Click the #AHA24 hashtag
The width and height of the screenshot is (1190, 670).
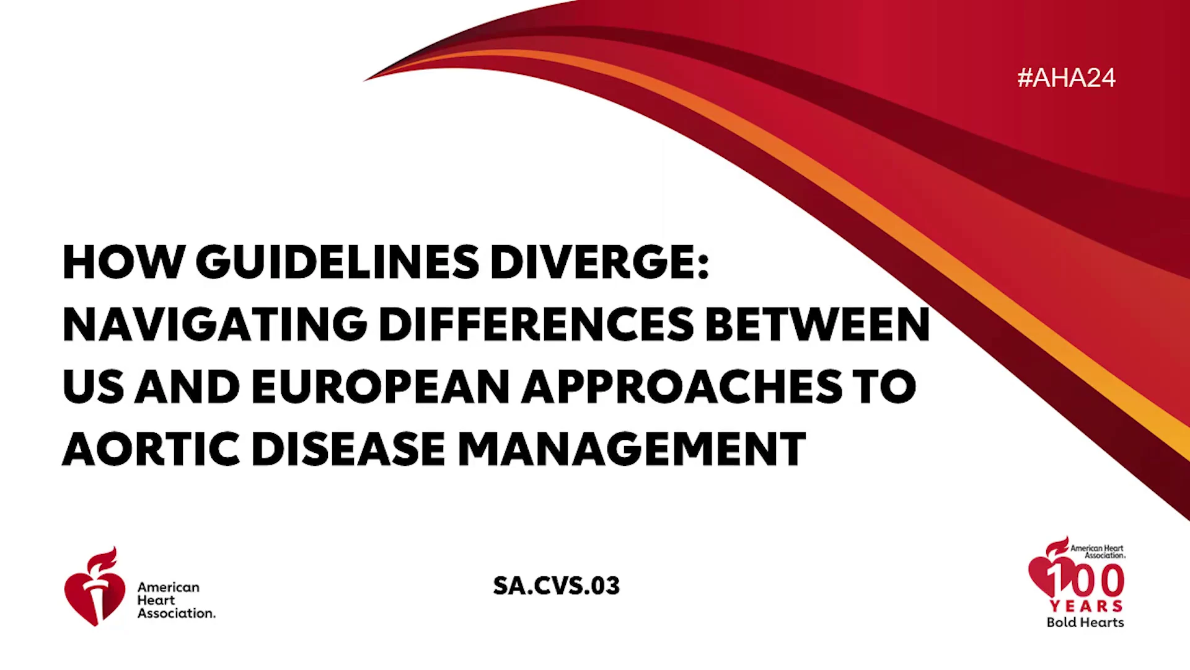[x=1066, y=78]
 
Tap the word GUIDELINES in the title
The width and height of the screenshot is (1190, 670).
[x=338, y=262]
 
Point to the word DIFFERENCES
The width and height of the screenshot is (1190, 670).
[x=537, y=324]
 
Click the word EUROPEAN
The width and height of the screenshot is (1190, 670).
[x=381, y=386]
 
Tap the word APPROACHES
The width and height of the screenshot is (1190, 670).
[x=682, y=386]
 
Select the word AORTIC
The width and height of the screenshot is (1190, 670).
[x=151, y=449]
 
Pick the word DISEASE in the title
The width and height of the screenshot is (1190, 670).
[x=349, y=449]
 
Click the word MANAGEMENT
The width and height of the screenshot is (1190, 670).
[x=632, y=449]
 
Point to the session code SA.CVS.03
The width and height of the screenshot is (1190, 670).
[x=556, y=586]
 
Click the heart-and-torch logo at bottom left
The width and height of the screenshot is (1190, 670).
[x=94, y=587]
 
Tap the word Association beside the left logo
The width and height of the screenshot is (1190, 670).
[x=177, y=613]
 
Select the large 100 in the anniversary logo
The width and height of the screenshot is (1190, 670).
[x=1085, y=580]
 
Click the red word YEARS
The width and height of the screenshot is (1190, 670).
[x=1086, y=606]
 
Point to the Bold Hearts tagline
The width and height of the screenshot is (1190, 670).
[x=1085, y=622]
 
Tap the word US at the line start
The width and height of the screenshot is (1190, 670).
[x=94, y=386]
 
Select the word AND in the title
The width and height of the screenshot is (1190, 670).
[x=187, y=386]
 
